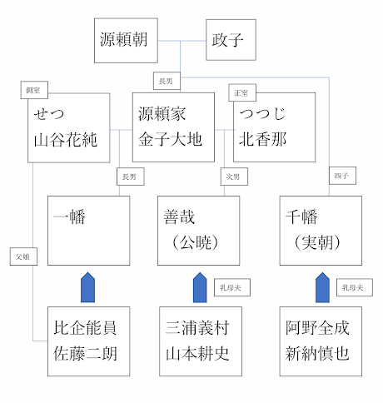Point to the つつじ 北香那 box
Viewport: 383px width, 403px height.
click(275, 127)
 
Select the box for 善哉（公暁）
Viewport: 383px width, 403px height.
click(198, 231)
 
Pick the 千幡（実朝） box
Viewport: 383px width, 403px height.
click(321, 231)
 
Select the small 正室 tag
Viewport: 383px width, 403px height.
click(242, 92)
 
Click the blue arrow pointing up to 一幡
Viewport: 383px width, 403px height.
click(87, 287)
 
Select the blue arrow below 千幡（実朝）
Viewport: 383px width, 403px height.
click(321, 287)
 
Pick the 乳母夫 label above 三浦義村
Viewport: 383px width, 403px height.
click(229, 287)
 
